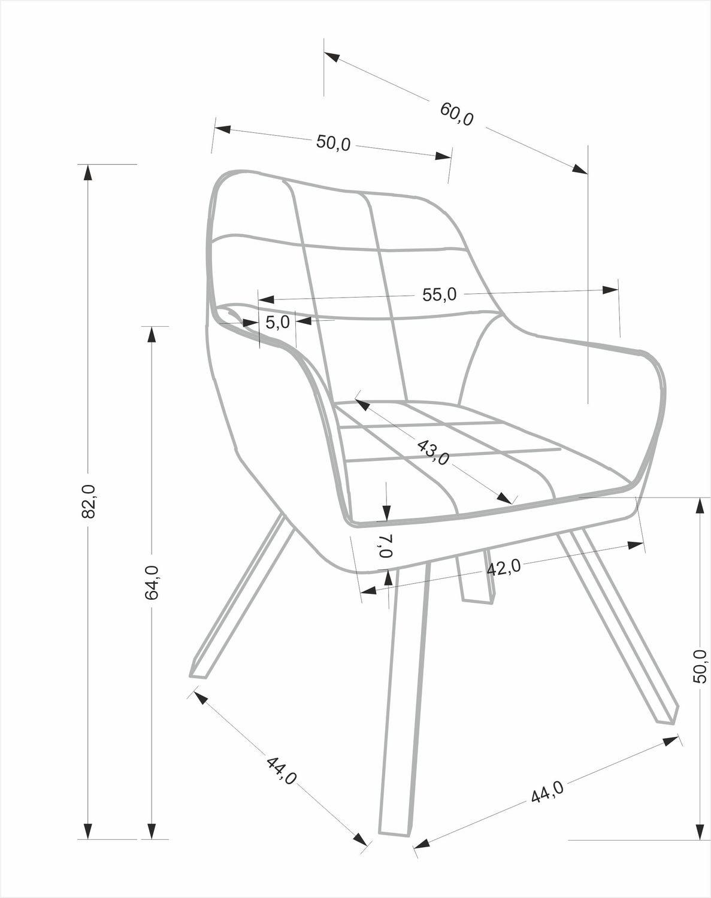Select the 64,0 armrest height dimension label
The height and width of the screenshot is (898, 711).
pos(152,583)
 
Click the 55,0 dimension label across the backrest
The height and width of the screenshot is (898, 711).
pos(439,295)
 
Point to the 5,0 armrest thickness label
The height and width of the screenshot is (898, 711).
pos(277,322)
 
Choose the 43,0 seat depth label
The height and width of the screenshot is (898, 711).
pos(433,452)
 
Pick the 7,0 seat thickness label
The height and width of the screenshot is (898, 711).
pos(386,545)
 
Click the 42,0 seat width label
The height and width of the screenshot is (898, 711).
pos(504,567)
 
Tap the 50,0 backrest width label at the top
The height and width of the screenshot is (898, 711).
pos(333,142)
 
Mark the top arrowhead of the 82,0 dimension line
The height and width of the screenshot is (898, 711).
pos(88,173)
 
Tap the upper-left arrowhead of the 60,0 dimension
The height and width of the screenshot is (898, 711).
pos(331,57)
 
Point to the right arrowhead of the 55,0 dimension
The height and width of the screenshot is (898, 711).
pos(610,289)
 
